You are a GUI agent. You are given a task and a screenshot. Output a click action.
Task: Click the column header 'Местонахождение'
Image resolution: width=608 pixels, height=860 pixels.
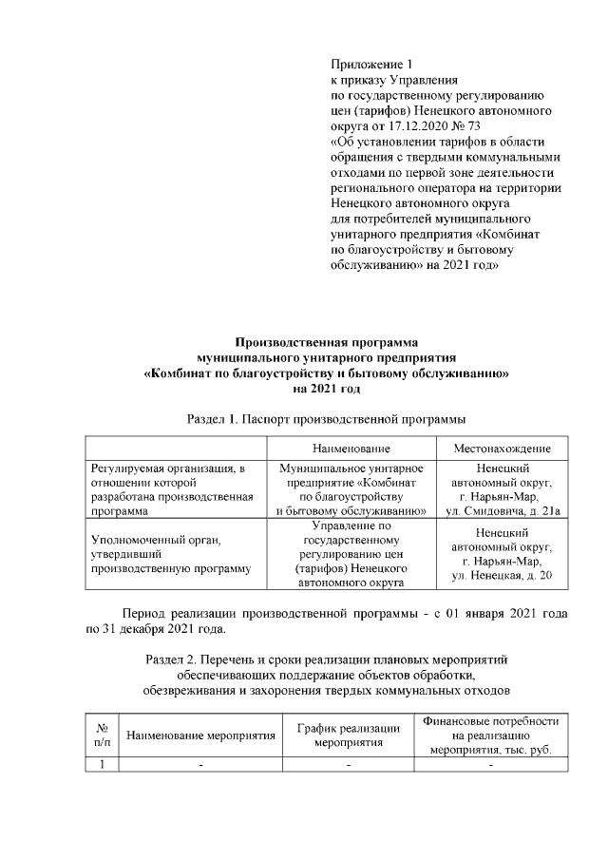point(502,448)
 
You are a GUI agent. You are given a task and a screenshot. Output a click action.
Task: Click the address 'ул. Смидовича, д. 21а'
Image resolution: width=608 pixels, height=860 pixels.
point(502,510)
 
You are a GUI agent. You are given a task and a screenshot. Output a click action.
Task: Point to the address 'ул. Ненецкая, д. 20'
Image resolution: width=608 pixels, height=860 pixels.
point(502,577)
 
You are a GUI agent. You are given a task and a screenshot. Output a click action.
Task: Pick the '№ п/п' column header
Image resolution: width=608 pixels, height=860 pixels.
point(102,735)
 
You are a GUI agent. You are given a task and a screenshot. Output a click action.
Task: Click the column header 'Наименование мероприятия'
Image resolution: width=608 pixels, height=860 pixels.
point(200,736)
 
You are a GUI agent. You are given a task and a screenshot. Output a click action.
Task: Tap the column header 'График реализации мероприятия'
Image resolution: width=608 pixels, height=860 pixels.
point(349,735)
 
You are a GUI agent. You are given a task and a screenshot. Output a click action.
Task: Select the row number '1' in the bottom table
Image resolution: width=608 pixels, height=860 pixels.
point(102,765)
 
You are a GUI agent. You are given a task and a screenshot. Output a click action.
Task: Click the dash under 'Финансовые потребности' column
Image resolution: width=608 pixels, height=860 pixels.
point(490,766)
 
